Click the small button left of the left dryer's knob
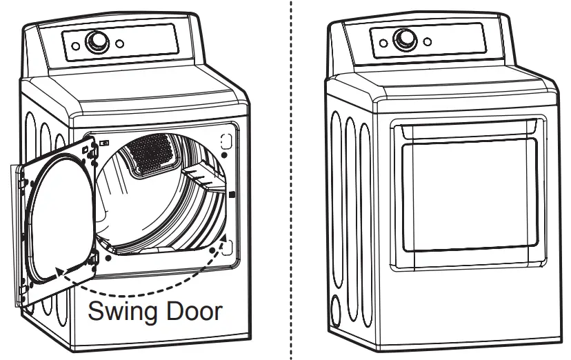pyautogui.click(x=74, y=46)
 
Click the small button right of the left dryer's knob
pyautogui.click(x=119, y=43)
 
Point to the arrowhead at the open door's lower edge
pyautogui.click(x=59, y=272)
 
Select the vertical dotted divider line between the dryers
pyautogui.click(x=291, y=179)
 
